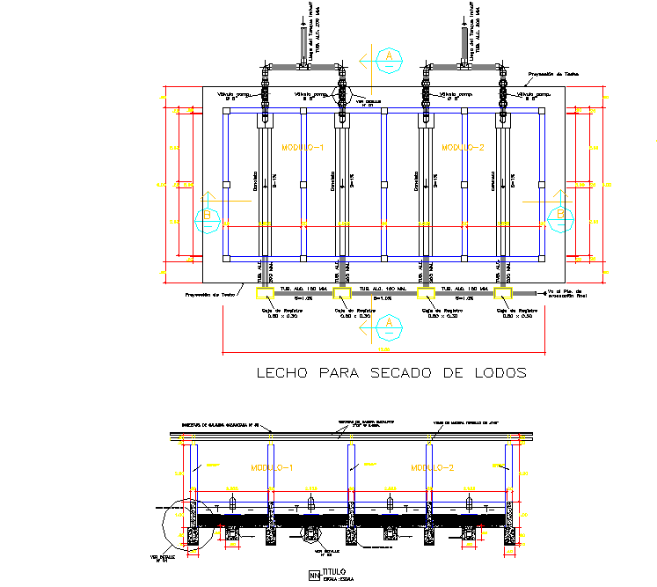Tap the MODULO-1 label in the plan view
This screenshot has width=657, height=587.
click(303, 148)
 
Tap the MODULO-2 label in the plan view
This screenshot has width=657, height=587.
click(464, 148)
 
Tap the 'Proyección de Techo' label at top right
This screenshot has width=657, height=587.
click(552, 75)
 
